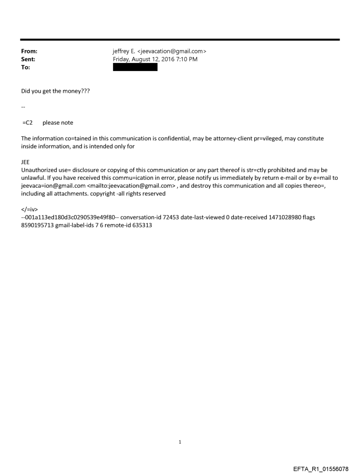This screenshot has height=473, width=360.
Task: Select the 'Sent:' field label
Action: (28, 60)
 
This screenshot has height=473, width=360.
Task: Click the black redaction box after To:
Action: (135, 67)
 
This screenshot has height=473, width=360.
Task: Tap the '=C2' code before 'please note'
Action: (28, 123)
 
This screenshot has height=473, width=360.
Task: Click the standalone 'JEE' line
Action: (26, 162)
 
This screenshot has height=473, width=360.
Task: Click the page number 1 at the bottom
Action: (180, 442)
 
